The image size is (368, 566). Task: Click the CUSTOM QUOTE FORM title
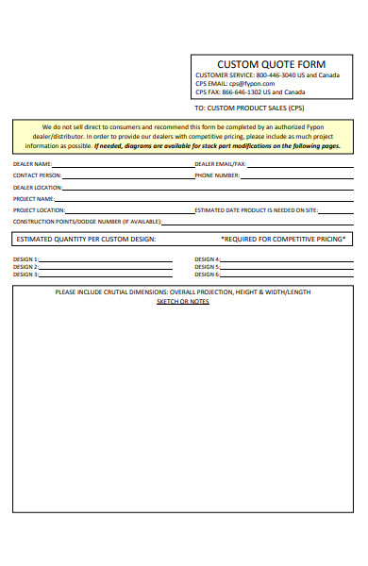tap(272, 64)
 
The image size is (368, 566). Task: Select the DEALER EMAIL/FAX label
tap(220, 163)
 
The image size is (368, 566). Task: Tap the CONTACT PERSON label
tap(38, 175)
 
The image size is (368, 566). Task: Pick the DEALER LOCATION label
tap(38, 187)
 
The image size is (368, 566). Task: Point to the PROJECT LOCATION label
tap(39, 209)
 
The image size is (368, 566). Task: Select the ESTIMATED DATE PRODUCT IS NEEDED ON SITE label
tap(256, 209)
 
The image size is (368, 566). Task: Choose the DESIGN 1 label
tap(25, 258)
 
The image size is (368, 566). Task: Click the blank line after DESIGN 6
tap(283, 275)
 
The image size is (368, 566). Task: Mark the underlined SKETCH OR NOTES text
tap(183, 301)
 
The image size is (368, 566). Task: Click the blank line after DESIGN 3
tap(104, 275)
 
